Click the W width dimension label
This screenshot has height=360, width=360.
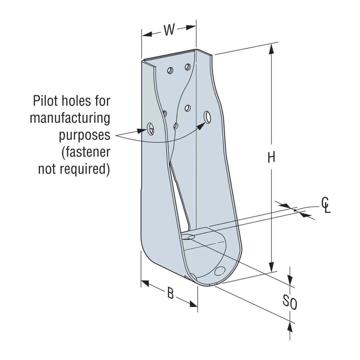(169, 30)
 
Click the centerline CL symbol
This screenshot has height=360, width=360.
(326, 205)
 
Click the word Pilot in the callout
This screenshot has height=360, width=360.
(47, 101)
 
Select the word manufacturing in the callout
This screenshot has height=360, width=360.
(70, 118)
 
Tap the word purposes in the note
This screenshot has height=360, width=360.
(85, 136)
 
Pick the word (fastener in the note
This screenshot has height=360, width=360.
(85, 152)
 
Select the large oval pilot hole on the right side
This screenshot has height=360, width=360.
(208, 117)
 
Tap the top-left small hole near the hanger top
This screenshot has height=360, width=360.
(170, 71)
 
